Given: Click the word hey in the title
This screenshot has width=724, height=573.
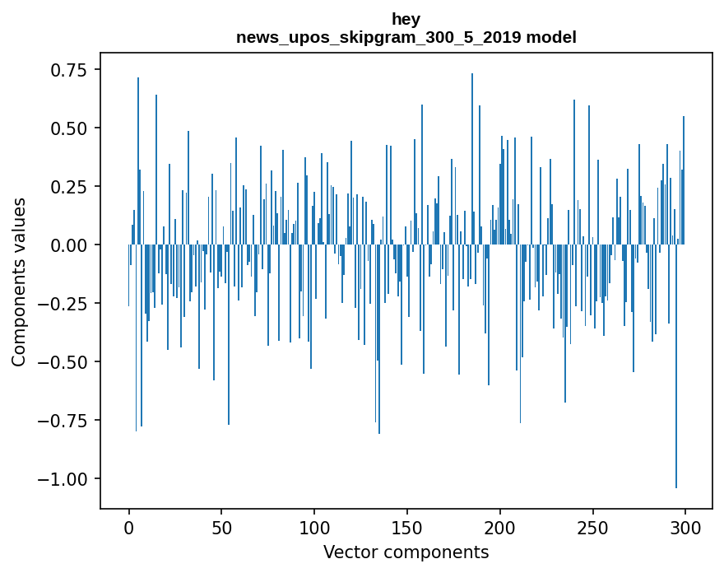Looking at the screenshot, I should [x=406, y=19].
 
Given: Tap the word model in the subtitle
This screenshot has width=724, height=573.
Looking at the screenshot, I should [x=551, y=37].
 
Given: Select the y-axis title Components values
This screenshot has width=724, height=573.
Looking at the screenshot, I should [x=19, y=281].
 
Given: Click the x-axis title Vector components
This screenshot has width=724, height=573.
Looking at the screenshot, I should [x=406, y=552].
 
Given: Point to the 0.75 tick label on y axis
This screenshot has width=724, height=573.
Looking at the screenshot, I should [x=63, y=70].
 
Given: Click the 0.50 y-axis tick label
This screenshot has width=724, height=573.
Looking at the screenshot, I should [x=63, y=128].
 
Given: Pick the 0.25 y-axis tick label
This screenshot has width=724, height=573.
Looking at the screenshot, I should [x=63, y=187].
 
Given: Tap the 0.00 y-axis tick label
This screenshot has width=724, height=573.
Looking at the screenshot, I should [x=63, y=245].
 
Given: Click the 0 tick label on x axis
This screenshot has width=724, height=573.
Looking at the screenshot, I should [x=129, y=527].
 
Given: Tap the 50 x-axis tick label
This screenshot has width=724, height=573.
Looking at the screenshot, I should [x=221, y=527].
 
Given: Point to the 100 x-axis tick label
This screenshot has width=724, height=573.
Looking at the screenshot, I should [x=314, y=527].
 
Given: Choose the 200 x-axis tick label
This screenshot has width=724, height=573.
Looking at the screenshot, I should [x=499, y=527].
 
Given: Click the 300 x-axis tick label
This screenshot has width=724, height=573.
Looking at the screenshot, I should [x=685, y=527].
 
